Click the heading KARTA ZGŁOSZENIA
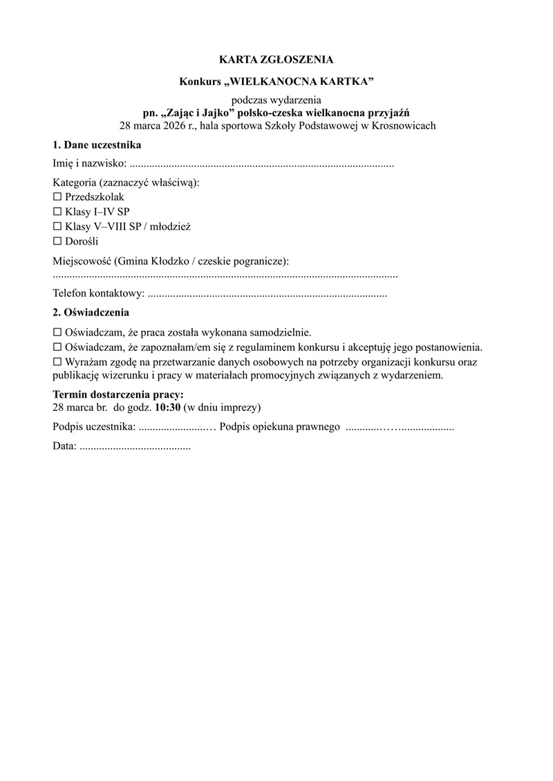point(276,59)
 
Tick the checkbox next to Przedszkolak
point(57,197)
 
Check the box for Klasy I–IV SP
point(57,211)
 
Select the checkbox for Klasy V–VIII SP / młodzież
point(57,226)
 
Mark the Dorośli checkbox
point(57,241)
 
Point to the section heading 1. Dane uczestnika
point(97,146)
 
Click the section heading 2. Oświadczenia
point(91,312)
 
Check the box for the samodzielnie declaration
point(57,332)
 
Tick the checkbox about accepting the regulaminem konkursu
point(57,347)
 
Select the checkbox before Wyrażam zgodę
point(57,362)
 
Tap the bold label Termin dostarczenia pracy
point(118,395)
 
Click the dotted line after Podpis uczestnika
point(177,427)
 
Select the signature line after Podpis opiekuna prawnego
point(399,427)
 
